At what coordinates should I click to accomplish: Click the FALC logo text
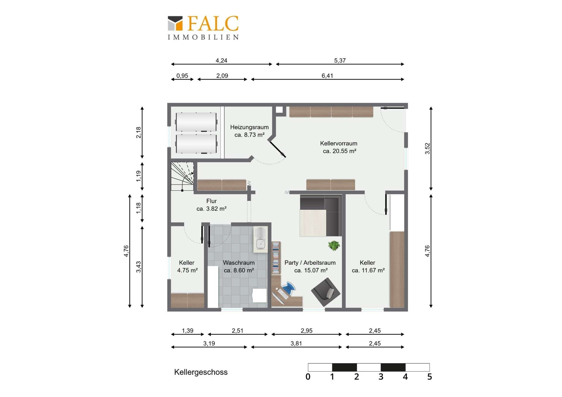point(213,23)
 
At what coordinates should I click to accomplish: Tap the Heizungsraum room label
point(249,131)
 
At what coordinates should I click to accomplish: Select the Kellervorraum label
point(339,147)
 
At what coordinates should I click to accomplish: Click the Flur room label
point(211,205)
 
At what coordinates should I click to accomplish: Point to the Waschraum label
point(239,267)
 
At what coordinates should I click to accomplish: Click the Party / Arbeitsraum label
point(310,267)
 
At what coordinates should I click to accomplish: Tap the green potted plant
point(334,246)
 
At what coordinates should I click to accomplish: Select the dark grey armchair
point(325,292)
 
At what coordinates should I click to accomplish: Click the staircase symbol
point(182,176)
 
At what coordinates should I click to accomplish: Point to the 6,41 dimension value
point(327,76)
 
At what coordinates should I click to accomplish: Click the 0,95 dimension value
point(182,76)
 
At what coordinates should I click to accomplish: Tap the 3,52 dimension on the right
point(427,148)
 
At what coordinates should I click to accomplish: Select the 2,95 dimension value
point(306,331)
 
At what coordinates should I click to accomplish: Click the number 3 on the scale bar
point(381,377)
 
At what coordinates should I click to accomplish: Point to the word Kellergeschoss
point(201,372)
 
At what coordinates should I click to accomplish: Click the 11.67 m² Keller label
point(368,267)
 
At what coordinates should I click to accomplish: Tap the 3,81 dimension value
point(296,343)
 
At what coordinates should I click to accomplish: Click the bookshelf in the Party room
point(276,258)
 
